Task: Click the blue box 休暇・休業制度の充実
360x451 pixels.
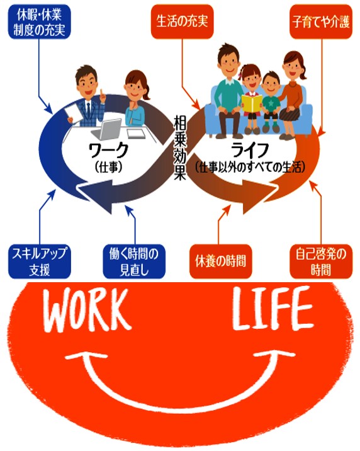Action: tap(40, 22)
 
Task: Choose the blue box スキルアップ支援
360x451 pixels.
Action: tap(40, 261)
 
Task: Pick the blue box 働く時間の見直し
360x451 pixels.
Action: tap(134, 261)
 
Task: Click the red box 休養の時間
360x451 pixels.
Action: tap(221, 261)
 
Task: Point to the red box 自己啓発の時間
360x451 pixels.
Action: tap(321, 261)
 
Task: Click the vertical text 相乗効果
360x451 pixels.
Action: tap(180, 147)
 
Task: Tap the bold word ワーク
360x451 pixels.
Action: tap(108, 150)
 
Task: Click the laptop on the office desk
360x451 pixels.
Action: tap(107, 129)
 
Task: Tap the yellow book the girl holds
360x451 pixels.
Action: tap(252, 103)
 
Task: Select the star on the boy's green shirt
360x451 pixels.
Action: tap(271, 102)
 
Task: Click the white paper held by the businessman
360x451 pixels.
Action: tap(72, 113)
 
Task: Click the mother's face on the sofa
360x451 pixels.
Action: tap(294, 68)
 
